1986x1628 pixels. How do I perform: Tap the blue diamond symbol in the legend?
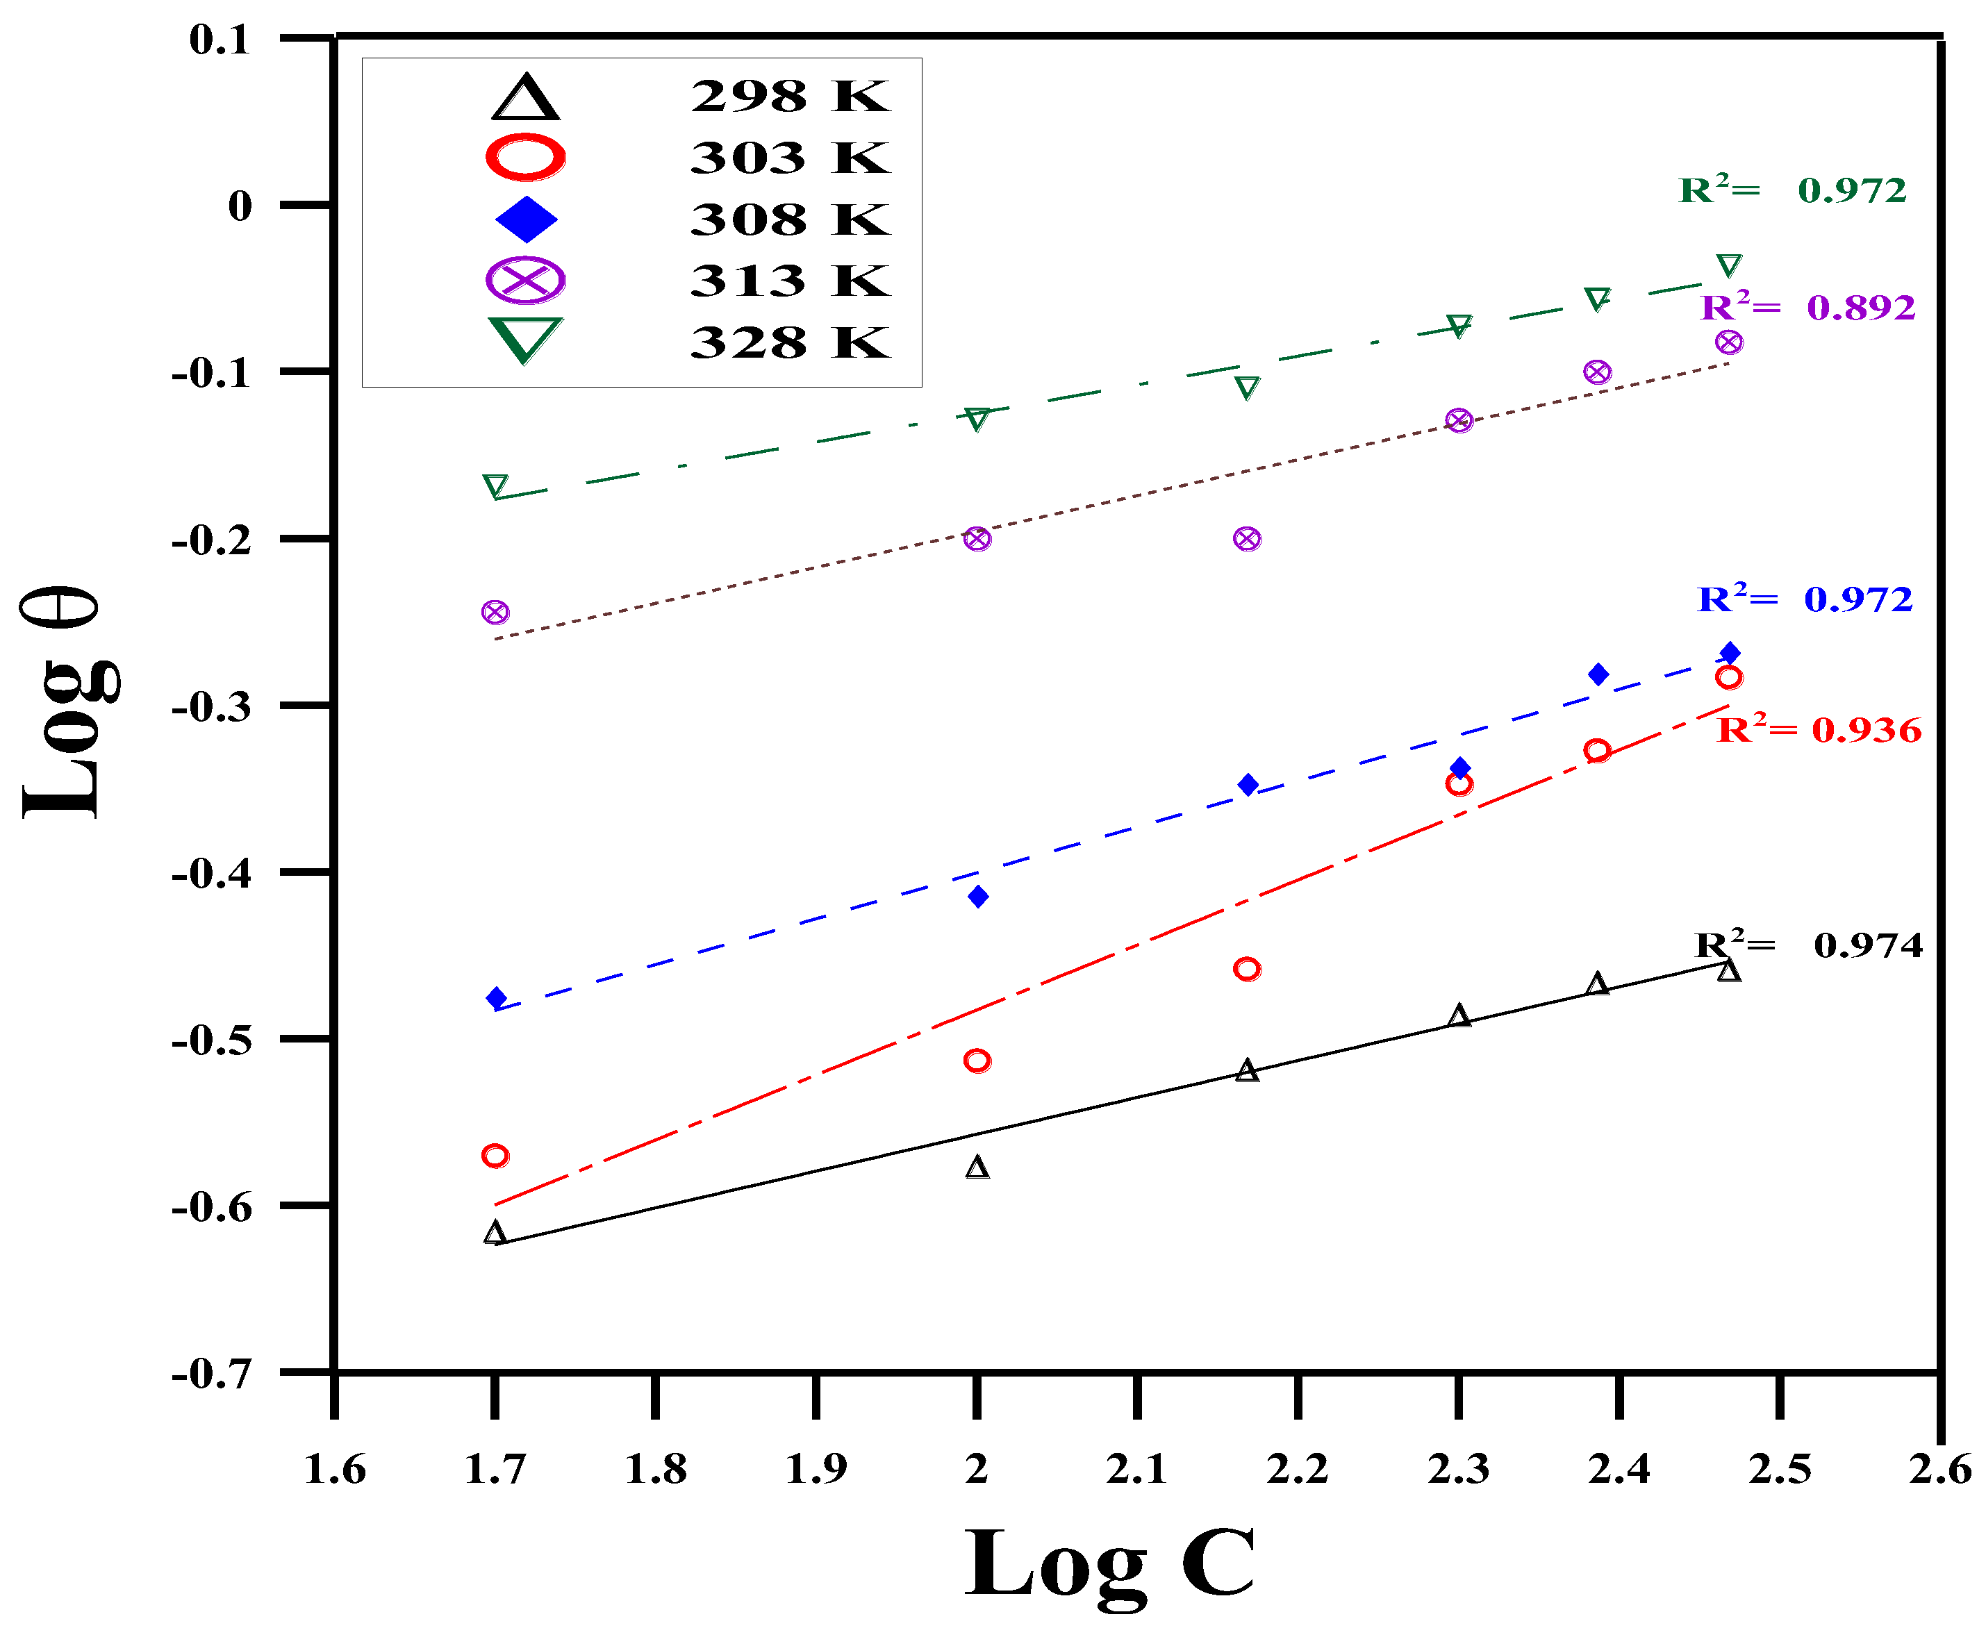tap(526, 219)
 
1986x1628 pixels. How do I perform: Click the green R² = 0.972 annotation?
tap(1791, 190)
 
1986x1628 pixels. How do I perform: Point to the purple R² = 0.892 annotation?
tap(1807, 307)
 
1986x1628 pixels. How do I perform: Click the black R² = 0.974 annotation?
tap(1808, 945)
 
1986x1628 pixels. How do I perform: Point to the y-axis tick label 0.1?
tap(220, 40)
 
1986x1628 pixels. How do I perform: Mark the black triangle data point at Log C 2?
tap(977, 1168)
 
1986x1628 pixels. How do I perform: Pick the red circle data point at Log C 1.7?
tap(495, 1155)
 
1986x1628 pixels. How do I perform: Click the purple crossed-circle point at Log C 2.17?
tap(1246, 539)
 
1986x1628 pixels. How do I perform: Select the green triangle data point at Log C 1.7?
tap(495, 485)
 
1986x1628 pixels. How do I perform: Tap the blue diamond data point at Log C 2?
tap(978, 897)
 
